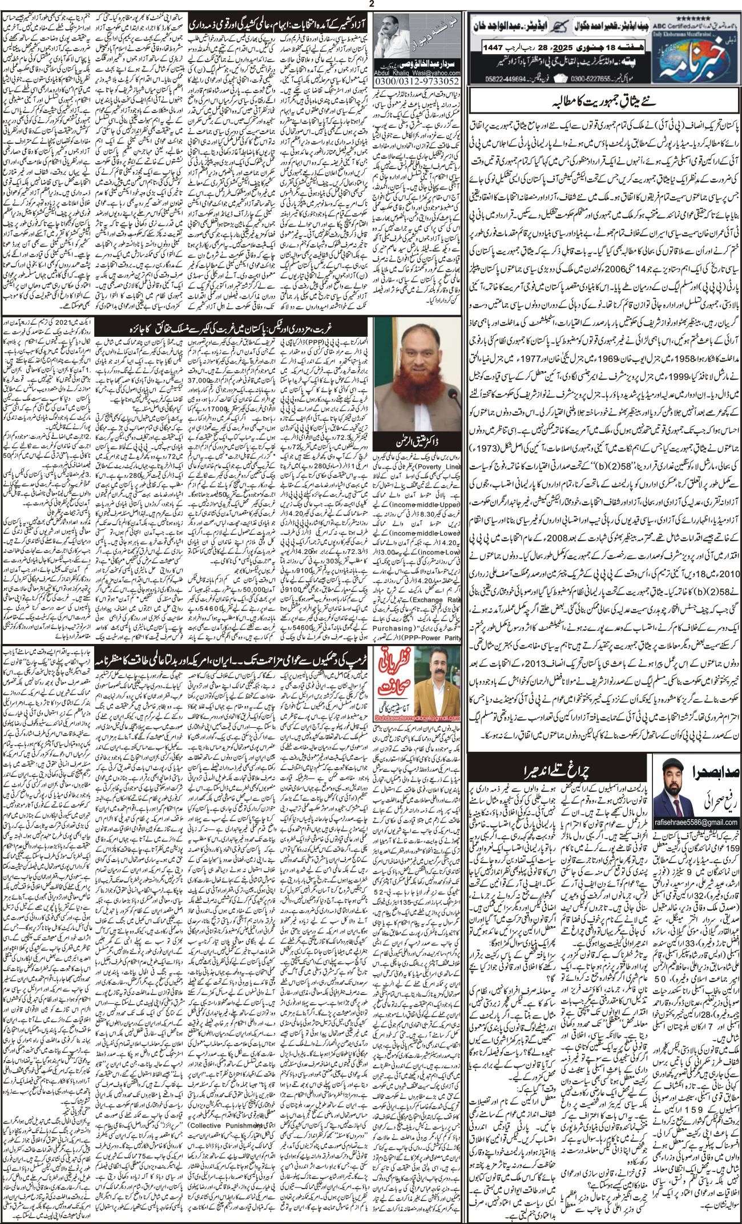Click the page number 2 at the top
click(x=370, y=5)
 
